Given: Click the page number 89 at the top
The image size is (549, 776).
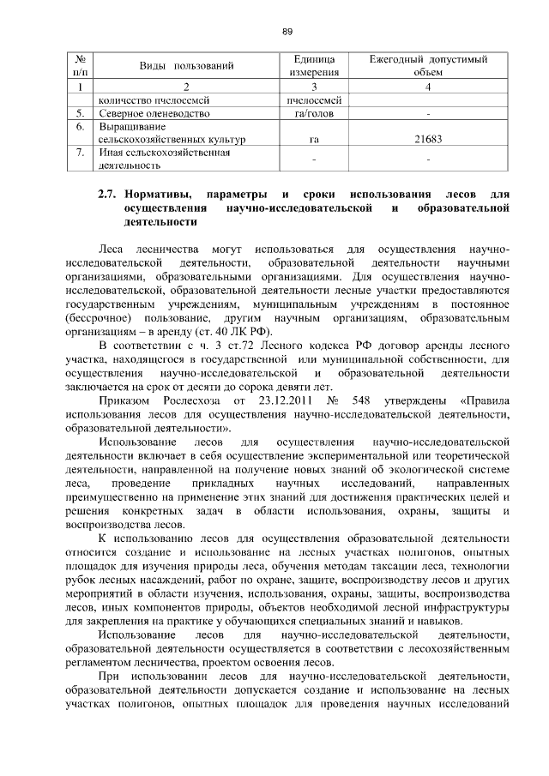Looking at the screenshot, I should (x=287, y=32).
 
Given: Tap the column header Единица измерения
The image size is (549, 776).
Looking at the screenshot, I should (x=313, y=66).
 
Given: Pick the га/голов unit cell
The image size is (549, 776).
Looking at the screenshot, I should (x=313, y=112).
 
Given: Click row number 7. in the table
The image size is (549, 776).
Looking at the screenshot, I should (x=79, y=153).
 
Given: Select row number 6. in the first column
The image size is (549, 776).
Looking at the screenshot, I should (x=79, y=126).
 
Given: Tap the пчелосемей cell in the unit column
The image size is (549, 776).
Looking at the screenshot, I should (x=313, y=99).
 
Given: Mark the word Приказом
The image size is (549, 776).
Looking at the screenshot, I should (x=124, y=400).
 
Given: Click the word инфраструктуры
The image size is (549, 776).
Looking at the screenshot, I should (x=465, y=608).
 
